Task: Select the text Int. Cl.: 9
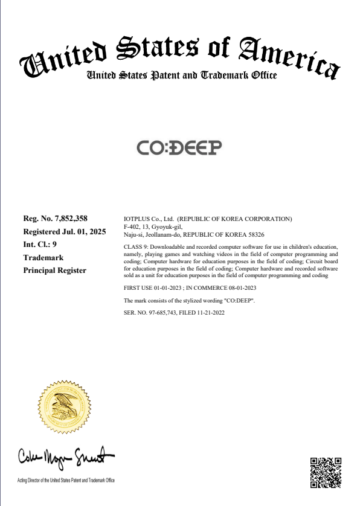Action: click(40, 245)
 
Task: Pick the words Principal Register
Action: click(54, 271)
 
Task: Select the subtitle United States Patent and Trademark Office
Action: click(182, 75)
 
